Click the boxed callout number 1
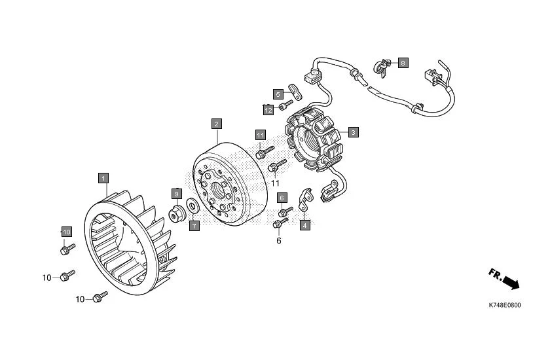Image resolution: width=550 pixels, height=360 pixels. click(x=103, y=177)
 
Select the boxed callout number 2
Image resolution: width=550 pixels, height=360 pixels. click(x=216, y=123)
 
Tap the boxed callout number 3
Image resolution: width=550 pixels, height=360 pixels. click(x=353, y=132)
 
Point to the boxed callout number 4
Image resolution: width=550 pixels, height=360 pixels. click(x=304, y=225)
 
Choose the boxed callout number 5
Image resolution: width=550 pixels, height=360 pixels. click(x=278, y=94)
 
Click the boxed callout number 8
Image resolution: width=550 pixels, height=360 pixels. click(x=403, y=63)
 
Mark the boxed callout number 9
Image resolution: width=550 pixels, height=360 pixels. click(x=176, y=194)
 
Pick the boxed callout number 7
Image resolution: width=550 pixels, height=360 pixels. click(x=194, y=225)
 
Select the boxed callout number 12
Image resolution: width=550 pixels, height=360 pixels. click(x=268, y=109)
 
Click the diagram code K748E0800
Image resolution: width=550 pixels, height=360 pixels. click(x=505, y=305)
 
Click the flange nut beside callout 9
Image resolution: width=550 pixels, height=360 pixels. click(x=177, y=213)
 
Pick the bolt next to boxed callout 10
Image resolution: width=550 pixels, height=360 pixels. click(x=67, y=249)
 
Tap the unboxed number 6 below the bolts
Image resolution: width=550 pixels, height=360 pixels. click(x=278, y=241)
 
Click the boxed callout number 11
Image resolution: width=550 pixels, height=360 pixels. click(x=260, y=135)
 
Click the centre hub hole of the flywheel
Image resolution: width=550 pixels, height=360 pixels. click(x=218, y=187)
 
